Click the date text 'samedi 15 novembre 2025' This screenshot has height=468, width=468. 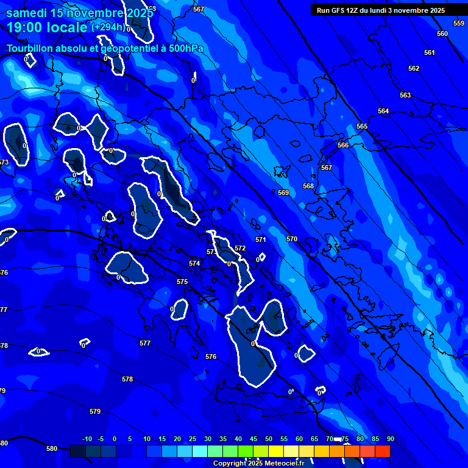79,13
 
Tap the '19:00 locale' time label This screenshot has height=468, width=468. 48,27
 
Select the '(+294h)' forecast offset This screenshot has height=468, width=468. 108,27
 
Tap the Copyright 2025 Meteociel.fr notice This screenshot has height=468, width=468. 258,464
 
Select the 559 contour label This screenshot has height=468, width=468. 458,23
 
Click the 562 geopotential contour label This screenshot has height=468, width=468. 414,69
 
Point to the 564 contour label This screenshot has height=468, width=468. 383,112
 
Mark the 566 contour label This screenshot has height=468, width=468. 343,146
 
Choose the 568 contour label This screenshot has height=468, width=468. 308,186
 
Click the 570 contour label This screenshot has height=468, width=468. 292,239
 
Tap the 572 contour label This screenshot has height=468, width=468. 240,249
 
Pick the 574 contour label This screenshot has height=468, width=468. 194,264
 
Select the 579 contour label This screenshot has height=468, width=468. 95,412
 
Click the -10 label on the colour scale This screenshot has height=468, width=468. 87,439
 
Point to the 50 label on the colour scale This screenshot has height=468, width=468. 269,439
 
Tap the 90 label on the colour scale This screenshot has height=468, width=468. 391,439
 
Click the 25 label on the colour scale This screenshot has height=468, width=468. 193,439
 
